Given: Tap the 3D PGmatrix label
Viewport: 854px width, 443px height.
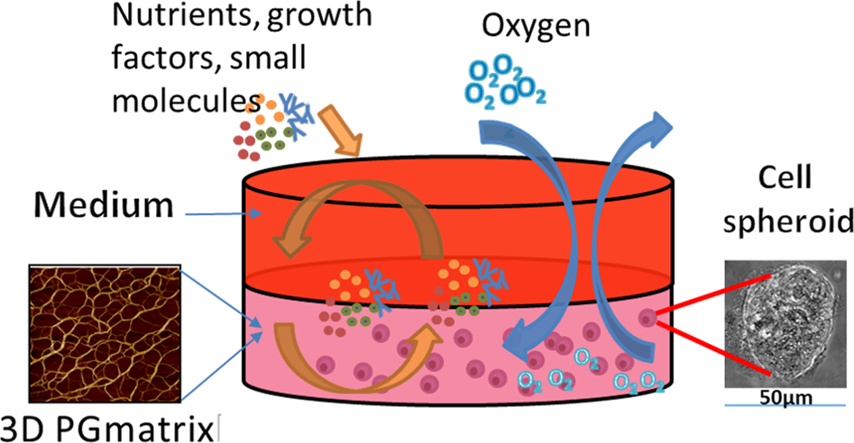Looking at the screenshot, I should click(x=110, y=424).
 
